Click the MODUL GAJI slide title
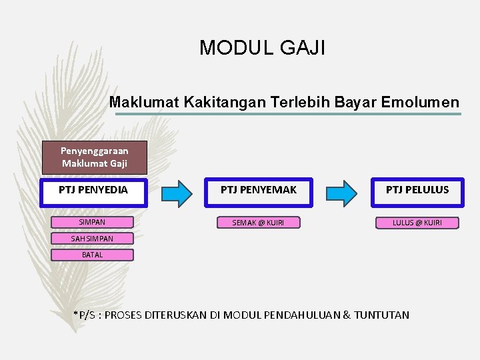coord(262,48)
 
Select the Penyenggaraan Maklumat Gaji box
coord(94,157)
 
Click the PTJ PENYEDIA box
coord(93,190)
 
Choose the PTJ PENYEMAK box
coord(259,190)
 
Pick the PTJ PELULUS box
coord(417,190)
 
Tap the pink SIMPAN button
coord(92,222)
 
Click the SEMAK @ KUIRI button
coord(258,223)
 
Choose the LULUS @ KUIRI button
coord(417,223)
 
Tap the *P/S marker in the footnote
coord(85,315)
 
